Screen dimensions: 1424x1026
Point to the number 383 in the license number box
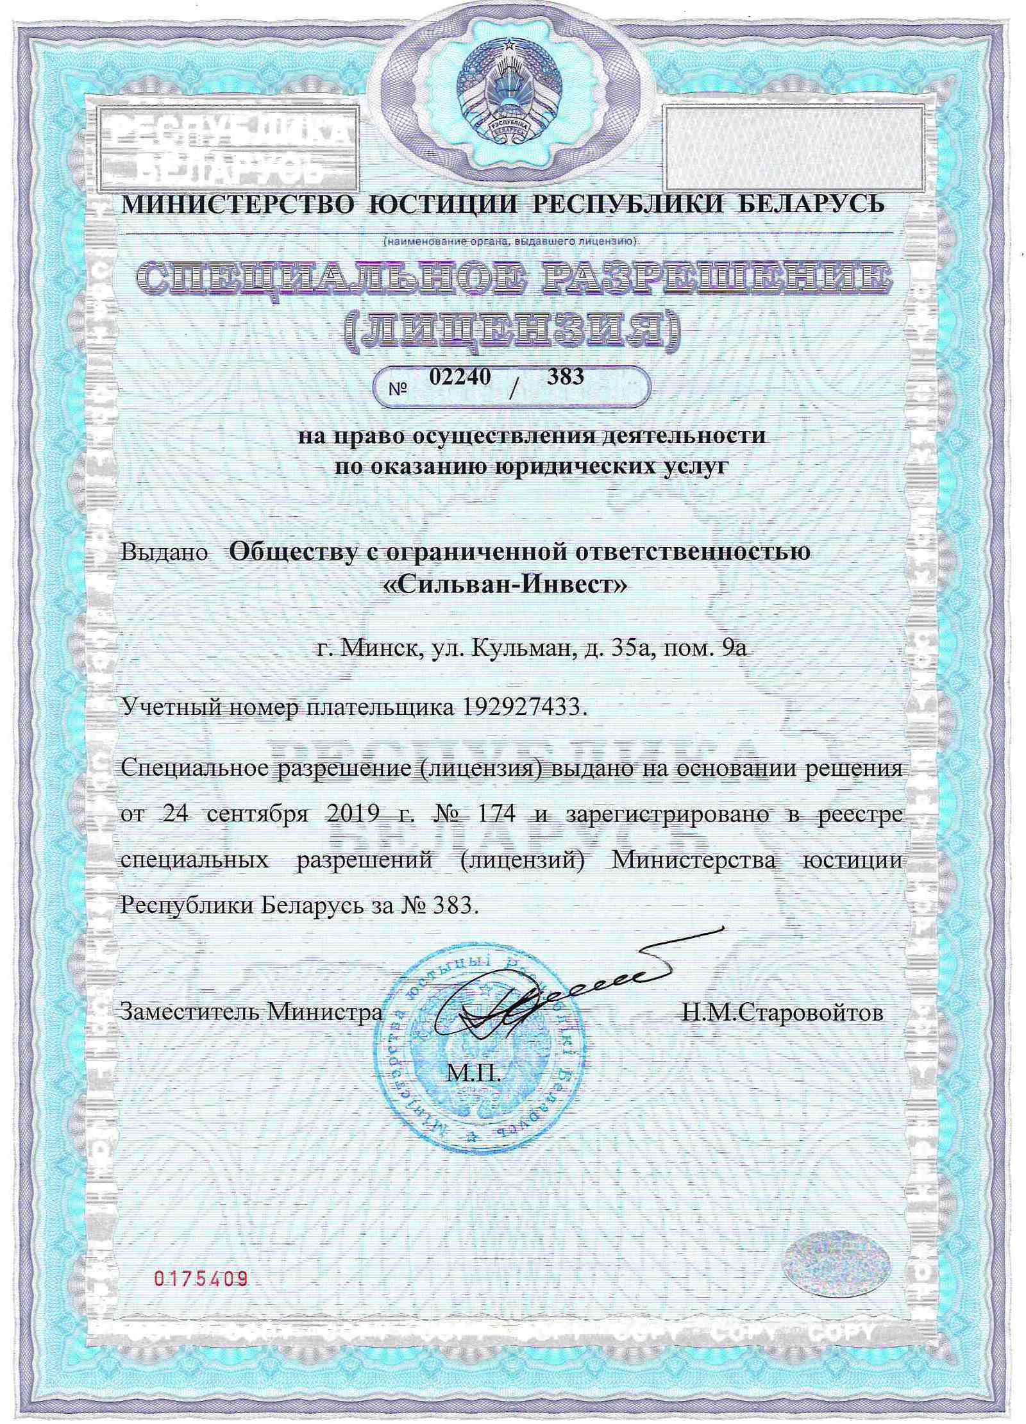[565, 377]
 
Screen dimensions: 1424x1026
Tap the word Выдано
[165, 552]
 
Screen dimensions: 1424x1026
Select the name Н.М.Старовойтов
[782, 1013]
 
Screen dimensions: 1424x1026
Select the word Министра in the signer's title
[324, 1013]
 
